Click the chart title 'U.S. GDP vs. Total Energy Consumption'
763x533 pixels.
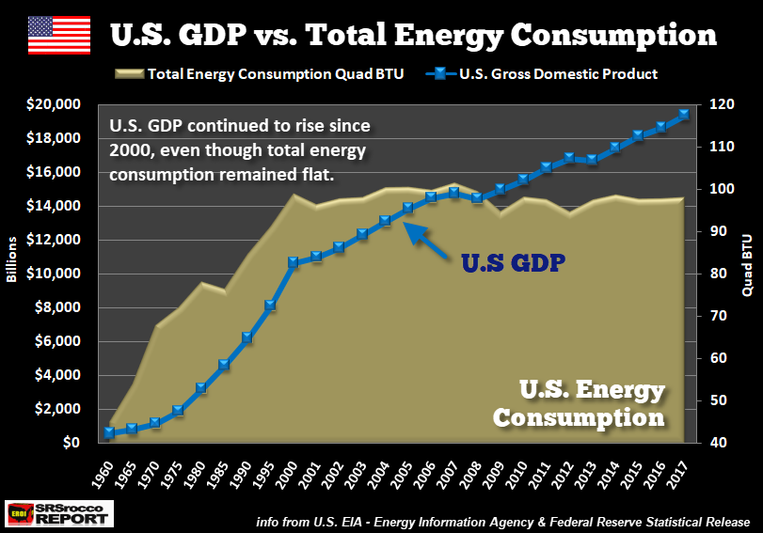pyautogui.click(x=413, y=35)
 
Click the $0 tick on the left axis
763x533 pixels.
pyautogui.click(x=72, y=443)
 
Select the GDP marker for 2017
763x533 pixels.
pyautogui.click(x=684, y=114)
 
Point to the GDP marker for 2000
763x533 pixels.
pyautogui.click(x=293, y=262)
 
